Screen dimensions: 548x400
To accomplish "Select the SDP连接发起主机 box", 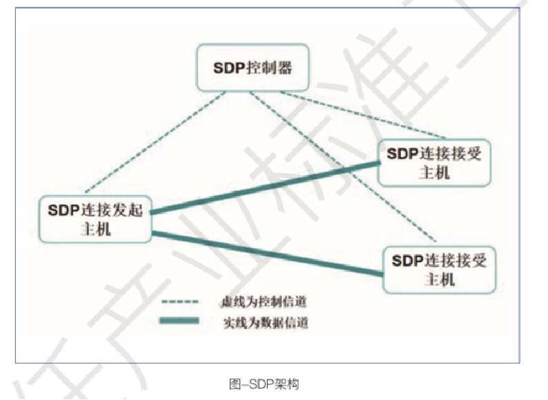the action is (95, 219).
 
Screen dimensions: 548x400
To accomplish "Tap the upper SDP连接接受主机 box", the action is (434, 163).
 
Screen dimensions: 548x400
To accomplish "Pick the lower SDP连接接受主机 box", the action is (439, 269).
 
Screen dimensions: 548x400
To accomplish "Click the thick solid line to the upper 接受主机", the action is (266, 187).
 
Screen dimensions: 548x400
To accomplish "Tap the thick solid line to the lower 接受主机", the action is (266, 254).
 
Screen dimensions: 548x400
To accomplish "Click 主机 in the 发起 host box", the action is (95, 229).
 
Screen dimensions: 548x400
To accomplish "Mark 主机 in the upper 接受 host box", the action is (434, 173).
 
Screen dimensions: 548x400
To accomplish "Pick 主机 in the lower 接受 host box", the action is (439, 279).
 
